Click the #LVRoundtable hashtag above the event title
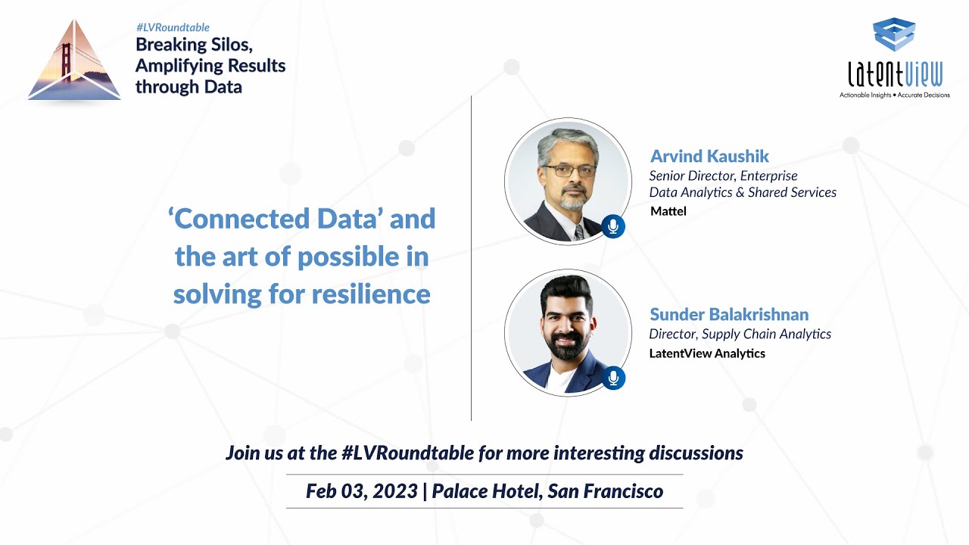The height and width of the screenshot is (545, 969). tap(173, 28)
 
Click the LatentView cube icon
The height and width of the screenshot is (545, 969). tap(894, 35)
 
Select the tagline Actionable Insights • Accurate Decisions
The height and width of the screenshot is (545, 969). tap(894, 95)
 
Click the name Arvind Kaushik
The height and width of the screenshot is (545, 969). tap(709, 157)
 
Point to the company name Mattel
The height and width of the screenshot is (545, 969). tap(668, 211)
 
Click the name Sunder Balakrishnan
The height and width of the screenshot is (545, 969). tap(729, 314)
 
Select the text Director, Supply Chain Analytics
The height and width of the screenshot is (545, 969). tap(740, 334)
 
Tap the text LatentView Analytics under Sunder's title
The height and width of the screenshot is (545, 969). tap(707, 353)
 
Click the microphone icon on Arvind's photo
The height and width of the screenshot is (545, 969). tap(613, 226)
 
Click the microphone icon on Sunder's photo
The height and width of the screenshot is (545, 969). tap(613, 378)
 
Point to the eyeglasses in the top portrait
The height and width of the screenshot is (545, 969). tap(569, 171)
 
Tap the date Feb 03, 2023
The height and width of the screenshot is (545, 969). tap(361, 491)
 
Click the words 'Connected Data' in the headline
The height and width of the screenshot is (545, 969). tap(275, 219)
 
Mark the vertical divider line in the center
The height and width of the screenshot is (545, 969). tap(471, 257)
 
